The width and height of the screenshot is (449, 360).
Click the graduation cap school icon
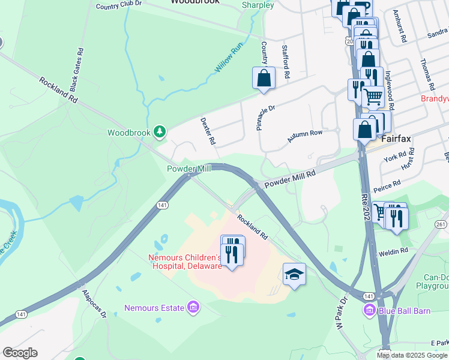(294, 274)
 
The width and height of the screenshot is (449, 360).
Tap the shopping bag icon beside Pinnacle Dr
(264, 77)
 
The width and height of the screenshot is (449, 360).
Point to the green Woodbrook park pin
(159, 131)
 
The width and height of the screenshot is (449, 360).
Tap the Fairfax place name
(396, 138)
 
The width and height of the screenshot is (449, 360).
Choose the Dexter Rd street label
(207, 131)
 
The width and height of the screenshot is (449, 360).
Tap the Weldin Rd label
(393, 250)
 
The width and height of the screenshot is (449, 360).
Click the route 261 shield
(441, 224)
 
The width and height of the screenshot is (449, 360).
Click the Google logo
(20, 353)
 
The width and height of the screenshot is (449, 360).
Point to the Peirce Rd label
(387, 187)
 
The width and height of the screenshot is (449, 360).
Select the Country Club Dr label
(118, 4)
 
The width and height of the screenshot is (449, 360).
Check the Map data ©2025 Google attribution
(412, 355)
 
